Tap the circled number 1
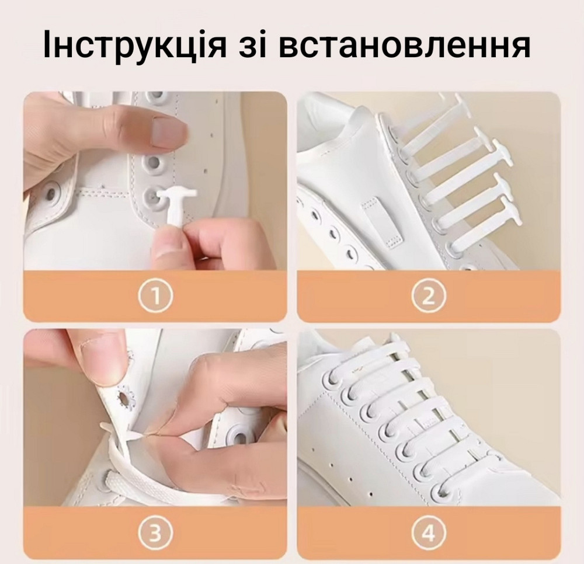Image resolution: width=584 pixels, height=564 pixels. point(155,297)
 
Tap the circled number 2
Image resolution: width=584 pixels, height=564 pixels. point(428,297)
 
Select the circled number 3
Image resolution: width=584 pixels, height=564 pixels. point(155,533)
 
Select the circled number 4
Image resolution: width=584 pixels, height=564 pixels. point(428,533)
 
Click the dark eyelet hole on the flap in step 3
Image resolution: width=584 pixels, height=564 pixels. point(126,399)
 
